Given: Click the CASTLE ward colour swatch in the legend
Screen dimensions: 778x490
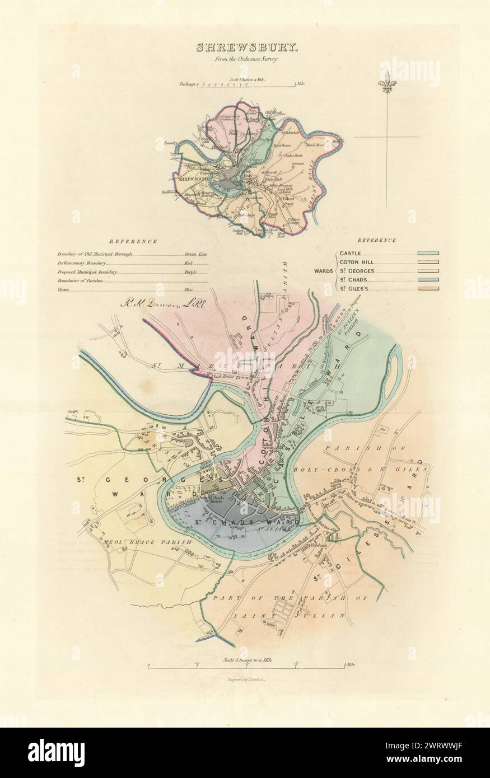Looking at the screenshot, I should tap(428, 254).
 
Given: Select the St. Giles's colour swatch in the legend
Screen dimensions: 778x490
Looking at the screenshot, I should tap(428, 289).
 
